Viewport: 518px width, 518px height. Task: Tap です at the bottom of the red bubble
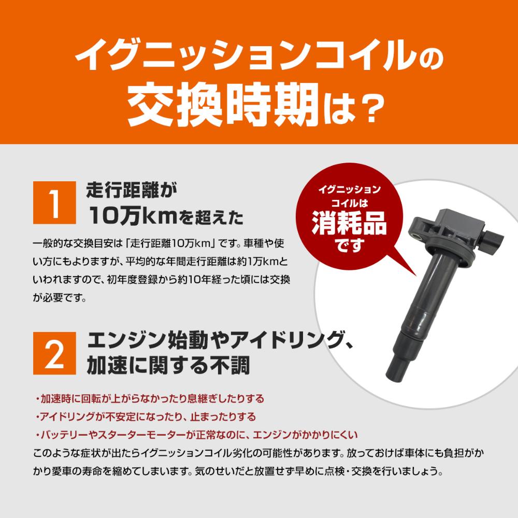coord(349,245)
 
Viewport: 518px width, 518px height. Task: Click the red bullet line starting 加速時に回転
coord(150,399)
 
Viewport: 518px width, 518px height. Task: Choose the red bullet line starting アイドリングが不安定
coord(146,416)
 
